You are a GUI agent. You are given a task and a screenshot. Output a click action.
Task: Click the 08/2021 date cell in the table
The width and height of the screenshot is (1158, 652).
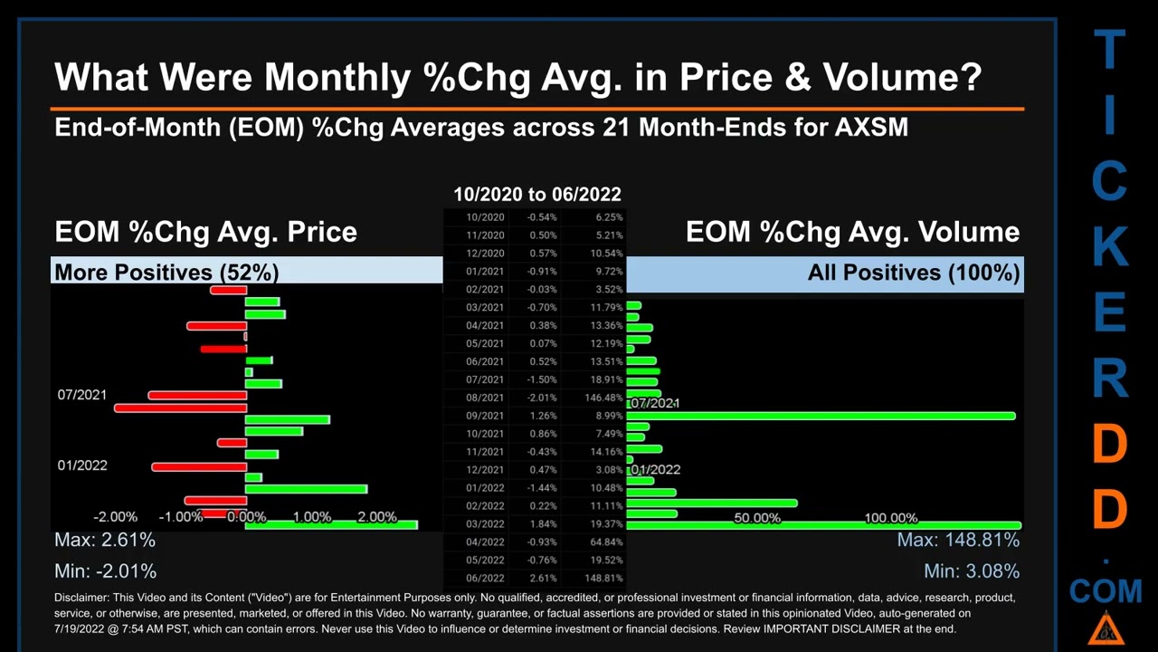pos(485,398)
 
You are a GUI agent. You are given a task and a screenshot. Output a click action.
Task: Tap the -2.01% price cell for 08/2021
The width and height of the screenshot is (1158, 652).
pos(543,398)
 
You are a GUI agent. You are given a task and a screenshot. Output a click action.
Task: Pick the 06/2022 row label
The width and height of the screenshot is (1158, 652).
pos(485,578)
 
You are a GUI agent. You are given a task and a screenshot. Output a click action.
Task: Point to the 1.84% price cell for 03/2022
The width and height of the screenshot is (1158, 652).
pos(544,523)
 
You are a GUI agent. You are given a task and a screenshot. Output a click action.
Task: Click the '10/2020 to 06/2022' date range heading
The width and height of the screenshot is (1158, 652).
pos(537,194)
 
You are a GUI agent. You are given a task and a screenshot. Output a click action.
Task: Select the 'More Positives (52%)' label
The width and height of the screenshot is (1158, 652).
pos(166,272)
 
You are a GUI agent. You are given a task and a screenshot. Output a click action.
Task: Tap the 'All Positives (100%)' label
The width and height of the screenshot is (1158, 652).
pos(914,272)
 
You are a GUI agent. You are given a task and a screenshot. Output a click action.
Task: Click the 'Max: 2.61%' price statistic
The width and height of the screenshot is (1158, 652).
pos(105,540)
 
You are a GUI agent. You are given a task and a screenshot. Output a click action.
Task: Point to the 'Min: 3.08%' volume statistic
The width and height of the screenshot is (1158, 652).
pos(972,570)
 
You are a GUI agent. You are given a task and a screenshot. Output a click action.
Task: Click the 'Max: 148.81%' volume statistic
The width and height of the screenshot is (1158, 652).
pos(958,540)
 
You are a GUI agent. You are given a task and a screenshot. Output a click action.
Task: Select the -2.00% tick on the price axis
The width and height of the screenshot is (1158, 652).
pos(116,517)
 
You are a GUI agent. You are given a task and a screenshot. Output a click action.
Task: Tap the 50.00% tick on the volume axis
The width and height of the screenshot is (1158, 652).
pos(757,518)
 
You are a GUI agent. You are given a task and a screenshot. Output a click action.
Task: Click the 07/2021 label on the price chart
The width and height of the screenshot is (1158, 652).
pos(82,395)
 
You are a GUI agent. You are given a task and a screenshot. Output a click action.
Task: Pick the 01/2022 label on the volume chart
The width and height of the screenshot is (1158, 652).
pos(656,469)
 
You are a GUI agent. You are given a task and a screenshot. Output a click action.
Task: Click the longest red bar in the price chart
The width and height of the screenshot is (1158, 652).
pos(180,408)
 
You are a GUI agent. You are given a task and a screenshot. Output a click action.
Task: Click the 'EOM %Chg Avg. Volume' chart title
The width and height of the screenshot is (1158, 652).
pos(852,232)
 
